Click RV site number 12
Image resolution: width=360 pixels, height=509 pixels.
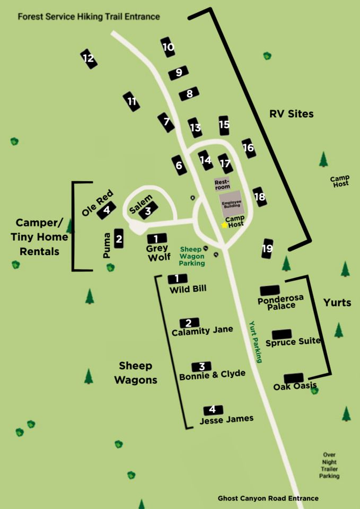[x=89, y=58]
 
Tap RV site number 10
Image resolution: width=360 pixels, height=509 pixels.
[x=168, y=47]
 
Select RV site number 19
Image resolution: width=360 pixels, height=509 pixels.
[x=268, y=248]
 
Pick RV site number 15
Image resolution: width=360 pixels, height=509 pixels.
[x=224, y=125]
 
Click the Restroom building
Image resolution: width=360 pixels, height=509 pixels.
[x=221, y=183]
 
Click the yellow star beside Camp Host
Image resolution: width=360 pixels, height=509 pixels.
[x=224, y=225]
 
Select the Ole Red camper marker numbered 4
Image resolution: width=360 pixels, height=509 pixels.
[x=107, y=209]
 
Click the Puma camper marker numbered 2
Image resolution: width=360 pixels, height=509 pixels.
[x=119, y=239]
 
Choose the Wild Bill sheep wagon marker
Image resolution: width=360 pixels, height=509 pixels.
[x=178, y=278]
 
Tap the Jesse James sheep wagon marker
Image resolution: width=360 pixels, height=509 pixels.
[x=213, y=409]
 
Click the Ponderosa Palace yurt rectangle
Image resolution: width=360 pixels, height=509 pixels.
[x=270, y=290]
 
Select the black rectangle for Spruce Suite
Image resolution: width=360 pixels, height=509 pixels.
[x=282, y=334]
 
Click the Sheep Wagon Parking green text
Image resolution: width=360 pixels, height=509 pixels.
[x=191, y=256]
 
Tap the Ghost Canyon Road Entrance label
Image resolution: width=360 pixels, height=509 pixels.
[x=268, y=498]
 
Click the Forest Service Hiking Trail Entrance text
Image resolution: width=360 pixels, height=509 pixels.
[x=89, y=16]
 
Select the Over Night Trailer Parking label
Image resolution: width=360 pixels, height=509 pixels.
[x=329, y=465]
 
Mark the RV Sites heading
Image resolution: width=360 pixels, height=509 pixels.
[x=291, y=114]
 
